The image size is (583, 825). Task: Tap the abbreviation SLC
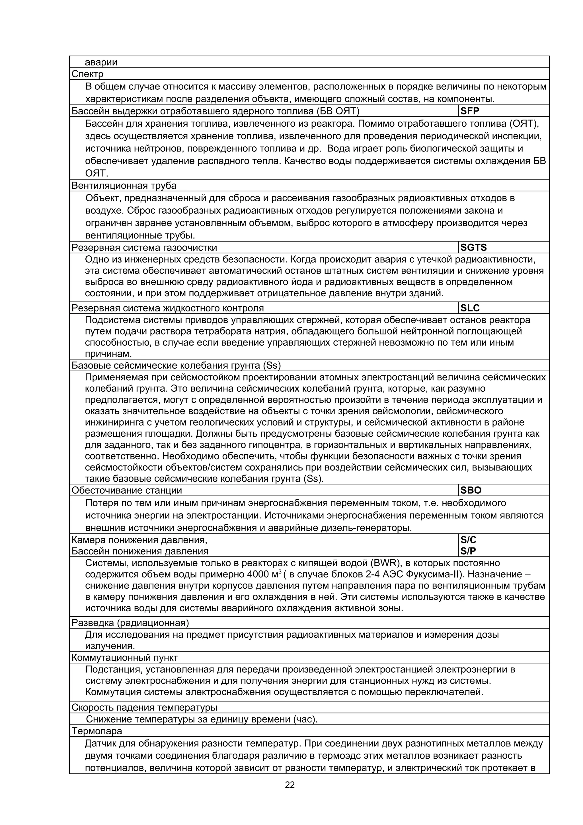470,308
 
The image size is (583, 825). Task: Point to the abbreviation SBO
471,490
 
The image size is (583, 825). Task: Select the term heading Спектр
87,74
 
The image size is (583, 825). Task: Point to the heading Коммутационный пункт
125,658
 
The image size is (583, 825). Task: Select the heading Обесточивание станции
127,490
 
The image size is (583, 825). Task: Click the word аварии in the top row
101,63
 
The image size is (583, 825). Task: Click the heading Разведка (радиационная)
130,623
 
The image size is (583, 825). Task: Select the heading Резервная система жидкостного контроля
167,308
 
